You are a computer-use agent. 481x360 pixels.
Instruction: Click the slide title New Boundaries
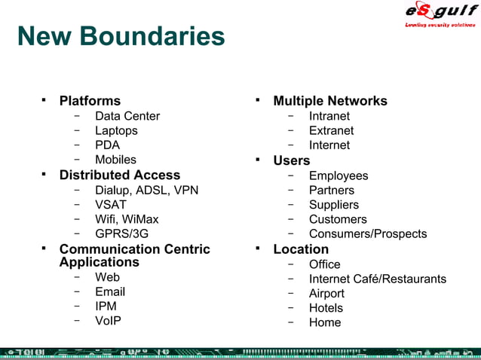121,36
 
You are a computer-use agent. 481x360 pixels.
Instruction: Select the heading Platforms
90,101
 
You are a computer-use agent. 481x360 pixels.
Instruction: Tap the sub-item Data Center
127,116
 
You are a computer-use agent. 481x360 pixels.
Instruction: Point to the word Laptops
116,130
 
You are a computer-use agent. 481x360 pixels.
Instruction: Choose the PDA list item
107,145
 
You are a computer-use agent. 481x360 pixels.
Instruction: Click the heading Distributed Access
120,175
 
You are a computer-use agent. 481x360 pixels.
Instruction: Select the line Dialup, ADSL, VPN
146,190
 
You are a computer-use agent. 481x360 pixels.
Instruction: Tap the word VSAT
111,204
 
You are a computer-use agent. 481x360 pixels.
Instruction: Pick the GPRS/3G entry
121,233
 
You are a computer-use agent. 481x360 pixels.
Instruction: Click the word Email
110,291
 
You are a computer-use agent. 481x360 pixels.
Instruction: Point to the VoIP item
108,320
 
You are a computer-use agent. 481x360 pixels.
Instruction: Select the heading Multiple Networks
330,101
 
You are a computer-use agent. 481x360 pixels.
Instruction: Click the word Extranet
331,130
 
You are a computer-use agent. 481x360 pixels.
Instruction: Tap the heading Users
292,160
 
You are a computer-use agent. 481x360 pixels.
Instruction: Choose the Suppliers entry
334,205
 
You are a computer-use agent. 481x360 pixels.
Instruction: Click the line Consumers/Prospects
368,233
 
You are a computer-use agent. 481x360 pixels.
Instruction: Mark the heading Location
301,249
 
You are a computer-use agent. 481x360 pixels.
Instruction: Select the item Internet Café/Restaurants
378,279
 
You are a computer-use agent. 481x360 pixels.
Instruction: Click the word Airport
326,294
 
